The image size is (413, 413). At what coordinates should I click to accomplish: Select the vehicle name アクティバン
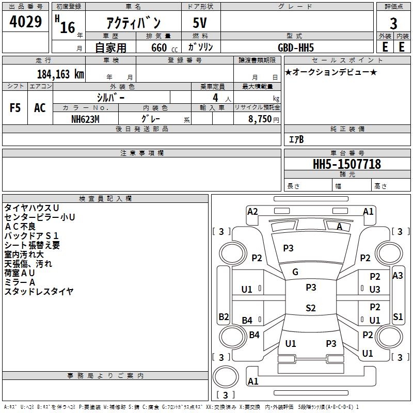tap(133, 23)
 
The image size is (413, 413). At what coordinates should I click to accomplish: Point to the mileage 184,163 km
tap(60, 74)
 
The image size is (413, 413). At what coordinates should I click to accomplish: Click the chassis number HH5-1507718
tap(347, 164)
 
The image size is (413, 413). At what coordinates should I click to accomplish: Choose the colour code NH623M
tap(86, 118)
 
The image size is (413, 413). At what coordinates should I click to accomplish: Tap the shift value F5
tap(15, 108)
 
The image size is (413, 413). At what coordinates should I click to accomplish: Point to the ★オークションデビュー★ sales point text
tap(331, 72)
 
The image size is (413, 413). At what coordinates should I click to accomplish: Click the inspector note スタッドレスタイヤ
tap(39, 292)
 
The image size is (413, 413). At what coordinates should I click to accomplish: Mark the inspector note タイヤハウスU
tap(31, 208)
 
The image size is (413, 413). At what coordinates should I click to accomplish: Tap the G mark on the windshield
tap(295, 272)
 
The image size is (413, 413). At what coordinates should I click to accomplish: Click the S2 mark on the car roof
tap(310, 308)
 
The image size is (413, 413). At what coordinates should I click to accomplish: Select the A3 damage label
tap(398, 276)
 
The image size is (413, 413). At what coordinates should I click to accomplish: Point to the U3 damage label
tap(375, 290)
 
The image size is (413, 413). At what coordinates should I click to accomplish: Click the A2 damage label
tap(252, 211)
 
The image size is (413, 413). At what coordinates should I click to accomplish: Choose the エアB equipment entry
tap(296, 139)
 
